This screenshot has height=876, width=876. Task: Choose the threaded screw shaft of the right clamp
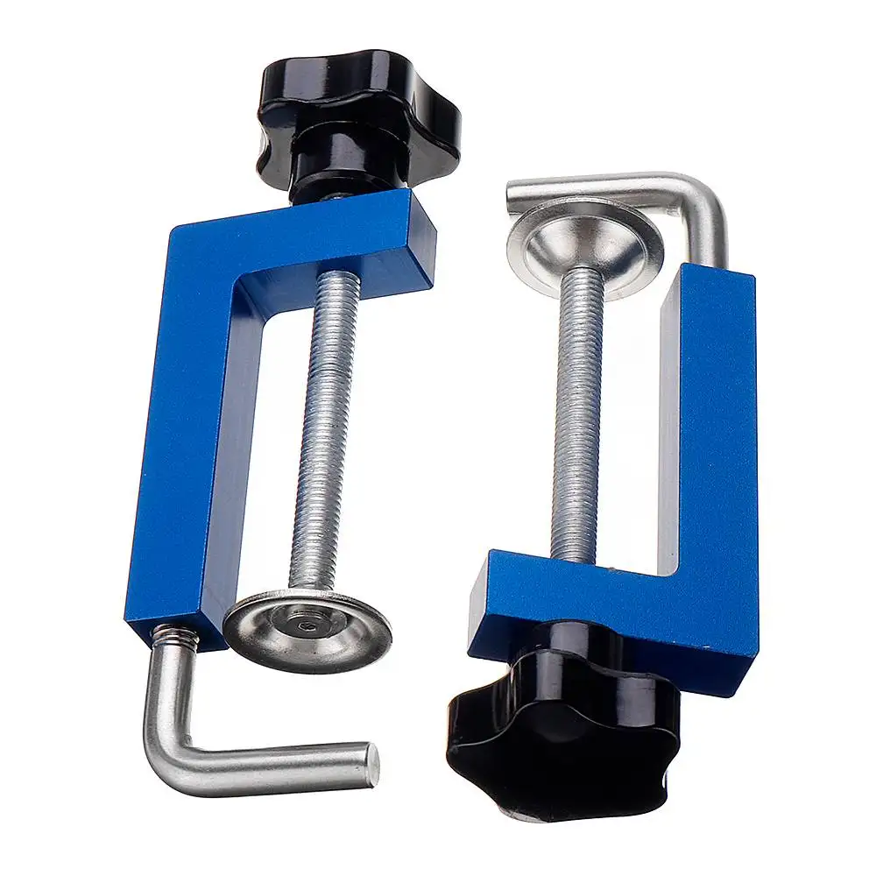tap(578, 412)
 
